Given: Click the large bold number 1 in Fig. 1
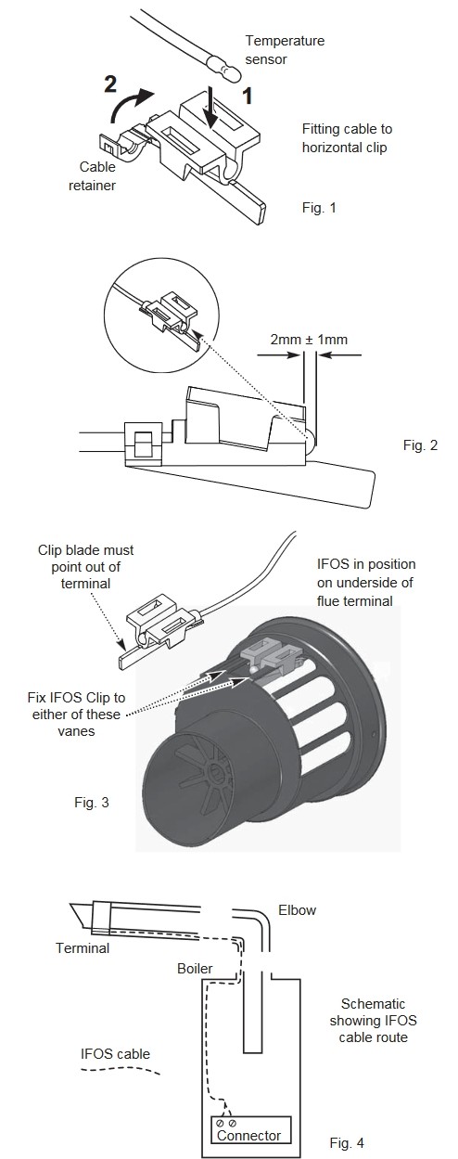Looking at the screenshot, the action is coord(248,96).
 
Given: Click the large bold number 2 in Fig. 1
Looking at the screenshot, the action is coord(110,84).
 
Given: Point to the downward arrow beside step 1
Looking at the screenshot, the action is coord(211,108).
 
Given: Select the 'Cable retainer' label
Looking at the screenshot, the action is coord(93,176).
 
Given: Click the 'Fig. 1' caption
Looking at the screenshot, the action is coord(319,208).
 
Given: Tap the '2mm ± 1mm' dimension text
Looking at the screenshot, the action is coord(309,340).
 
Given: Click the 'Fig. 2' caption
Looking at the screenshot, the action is coord(420,445).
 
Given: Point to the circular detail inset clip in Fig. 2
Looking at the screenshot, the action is coord(170,317).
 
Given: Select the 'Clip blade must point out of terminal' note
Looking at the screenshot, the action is coord(86,567).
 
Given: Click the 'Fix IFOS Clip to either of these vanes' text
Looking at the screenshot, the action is coord(77,715).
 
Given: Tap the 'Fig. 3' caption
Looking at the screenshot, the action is coord(92,803).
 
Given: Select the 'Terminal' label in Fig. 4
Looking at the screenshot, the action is coord(83,948).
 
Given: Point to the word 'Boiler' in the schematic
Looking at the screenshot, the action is coord(195,969).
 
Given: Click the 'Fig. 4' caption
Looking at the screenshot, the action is coord(347,1142).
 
